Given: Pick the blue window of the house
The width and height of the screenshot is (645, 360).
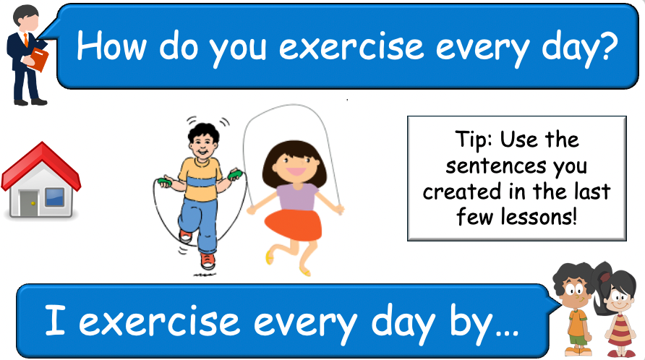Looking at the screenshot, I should coord(55,196).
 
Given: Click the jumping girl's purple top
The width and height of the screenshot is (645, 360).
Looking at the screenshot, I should coord(296,195).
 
